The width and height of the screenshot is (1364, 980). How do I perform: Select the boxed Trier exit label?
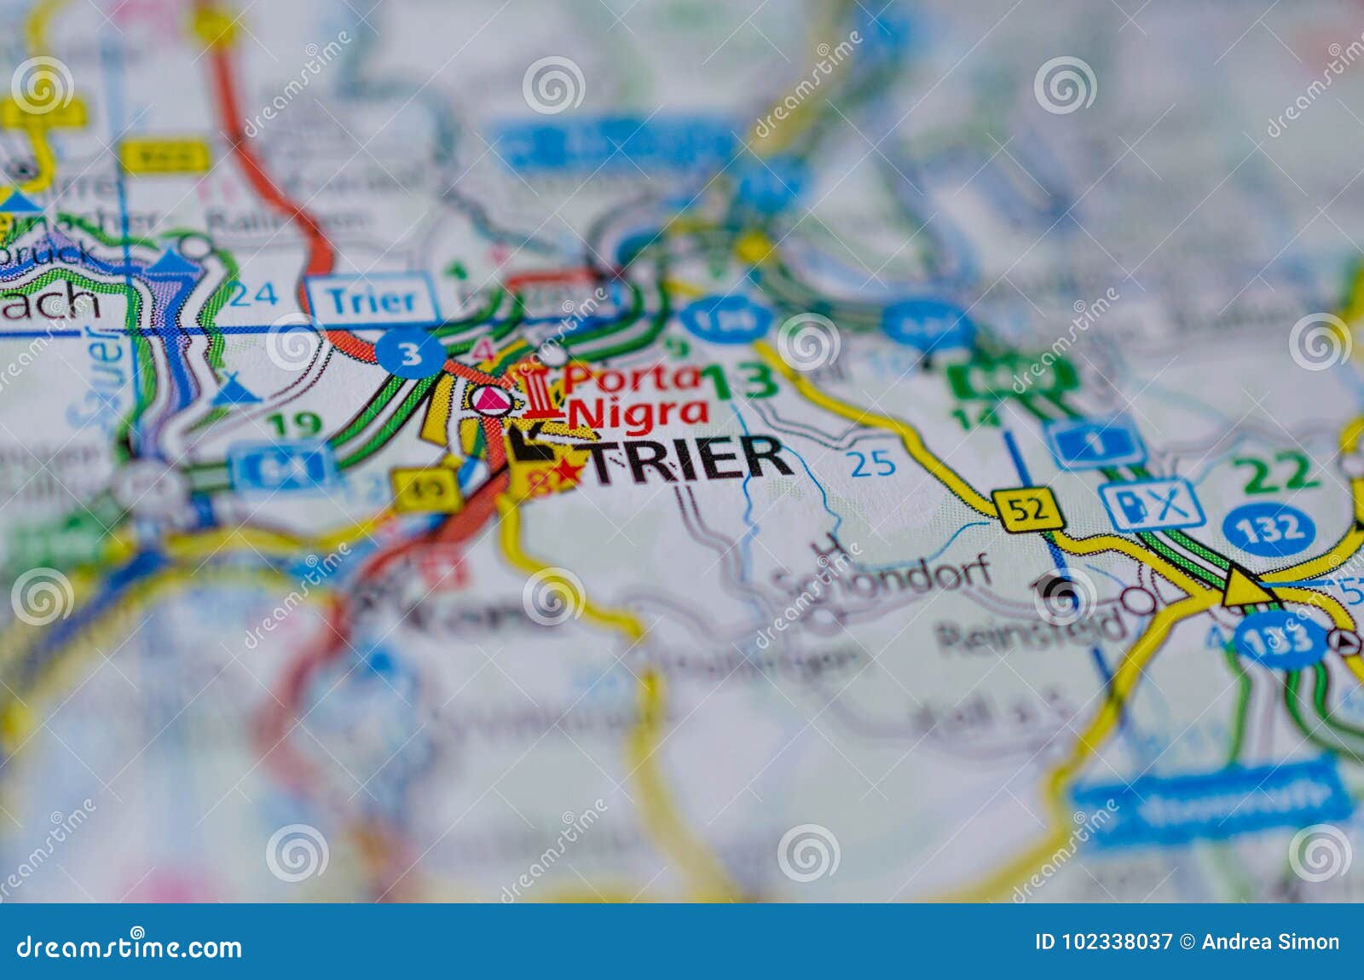tap(373, 300)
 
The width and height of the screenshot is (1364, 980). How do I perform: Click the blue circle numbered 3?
tap(411, 354)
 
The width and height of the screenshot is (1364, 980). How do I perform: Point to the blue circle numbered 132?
tap(1268, 529)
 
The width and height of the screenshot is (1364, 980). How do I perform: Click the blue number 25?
tap(870, 464)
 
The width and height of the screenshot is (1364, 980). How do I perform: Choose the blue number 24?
tap(253, 294)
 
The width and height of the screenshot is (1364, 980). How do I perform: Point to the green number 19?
tap(293, 424)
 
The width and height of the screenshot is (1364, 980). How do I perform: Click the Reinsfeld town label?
tap(1032, 630)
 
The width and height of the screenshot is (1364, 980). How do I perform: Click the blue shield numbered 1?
tap(1096, 443)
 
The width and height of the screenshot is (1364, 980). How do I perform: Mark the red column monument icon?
tap(539, 393)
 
